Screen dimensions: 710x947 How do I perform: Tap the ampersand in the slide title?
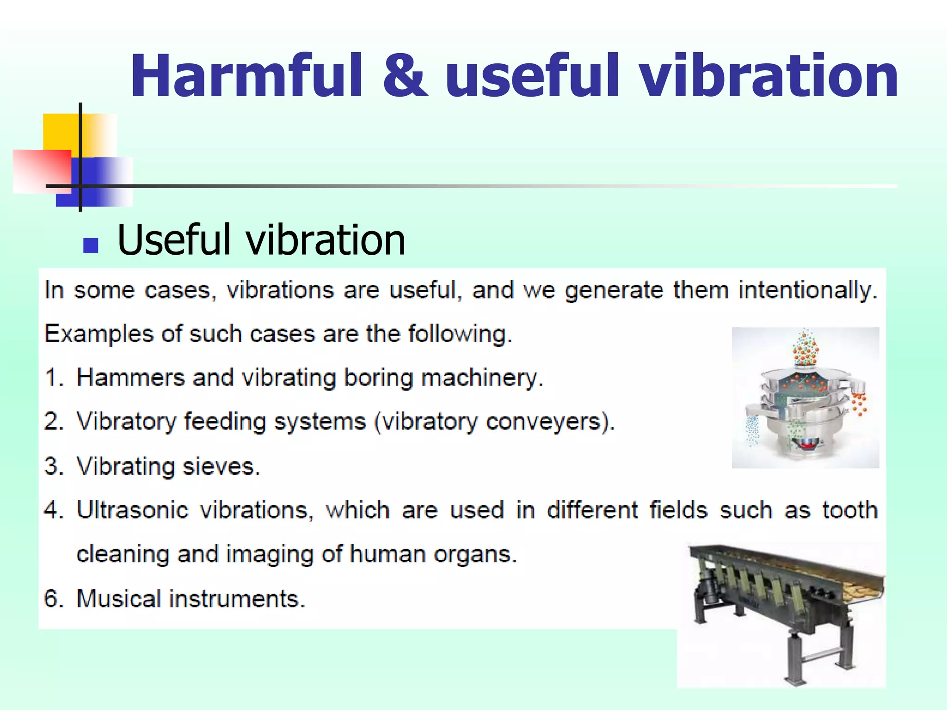tap(405, 76)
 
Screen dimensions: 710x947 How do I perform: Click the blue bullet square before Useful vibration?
tap(91, 245)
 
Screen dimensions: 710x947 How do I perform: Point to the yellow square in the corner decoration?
tap(60, 132)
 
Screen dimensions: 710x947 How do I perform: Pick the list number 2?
tap(54, 422)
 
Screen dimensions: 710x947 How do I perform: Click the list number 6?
tap(53, 599)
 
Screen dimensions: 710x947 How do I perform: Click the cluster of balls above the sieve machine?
tap(806, 349)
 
